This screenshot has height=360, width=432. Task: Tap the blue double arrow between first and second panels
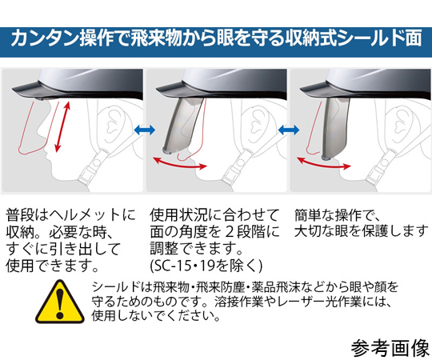coord(145,130)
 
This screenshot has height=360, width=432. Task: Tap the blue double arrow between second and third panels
coord(289,130)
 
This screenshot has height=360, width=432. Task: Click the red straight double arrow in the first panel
coord(62,126)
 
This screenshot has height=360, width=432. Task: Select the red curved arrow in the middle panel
coord(179,165)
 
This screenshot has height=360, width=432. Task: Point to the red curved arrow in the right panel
coord(323,165)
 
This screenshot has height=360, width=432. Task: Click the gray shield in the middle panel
coord(183,124)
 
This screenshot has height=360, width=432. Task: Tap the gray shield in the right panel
coord(334,128)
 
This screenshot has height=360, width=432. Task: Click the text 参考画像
coord(390,348)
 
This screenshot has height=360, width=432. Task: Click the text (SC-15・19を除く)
coord(206,266)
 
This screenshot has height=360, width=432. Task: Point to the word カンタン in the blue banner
coord(45,38)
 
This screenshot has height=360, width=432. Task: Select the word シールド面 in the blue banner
coord(380,38)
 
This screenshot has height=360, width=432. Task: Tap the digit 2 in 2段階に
coord(230,232)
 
